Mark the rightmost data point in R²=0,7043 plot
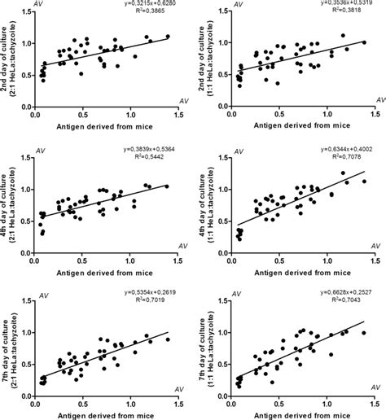tap(363, 332)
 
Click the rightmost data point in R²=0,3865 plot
tap(167, 37)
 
